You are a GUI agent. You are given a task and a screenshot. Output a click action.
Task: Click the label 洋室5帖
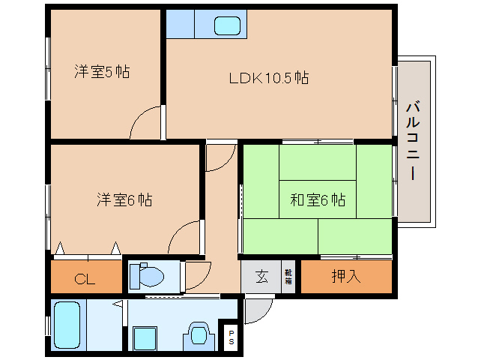102,73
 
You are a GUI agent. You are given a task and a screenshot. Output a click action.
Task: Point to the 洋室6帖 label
124,200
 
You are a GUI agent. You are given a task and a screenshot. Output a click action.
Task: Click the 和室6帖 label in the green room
318,200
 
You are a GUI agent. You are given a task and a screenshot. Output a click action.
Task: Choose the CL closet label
85,280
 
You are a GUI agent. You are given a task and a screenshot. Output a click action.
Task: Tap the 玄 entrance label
261,277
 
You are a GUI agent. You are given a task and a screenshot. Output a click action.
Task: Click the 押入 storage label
346,277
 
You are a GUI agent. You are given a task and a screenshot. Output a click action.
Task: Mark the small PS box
231,337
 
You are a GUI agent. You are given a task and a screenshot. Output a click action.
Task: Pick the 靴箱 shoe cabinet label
288,277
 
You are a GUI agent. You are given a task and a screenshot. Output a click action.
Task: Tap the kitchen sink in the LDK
227,25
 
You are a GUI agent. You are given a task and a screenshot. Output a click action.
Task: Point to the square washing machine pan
145,338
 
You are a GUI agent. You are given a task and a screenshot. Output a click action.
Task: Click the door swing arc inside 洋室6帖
184,238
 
